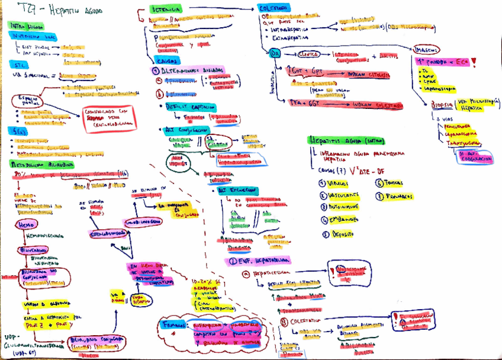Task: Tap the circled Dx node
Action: (x=275, y=53)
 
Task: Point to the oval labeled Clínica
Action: (x=309, y=53)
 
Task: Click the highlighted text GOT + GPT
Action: (x=308, y=70)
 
